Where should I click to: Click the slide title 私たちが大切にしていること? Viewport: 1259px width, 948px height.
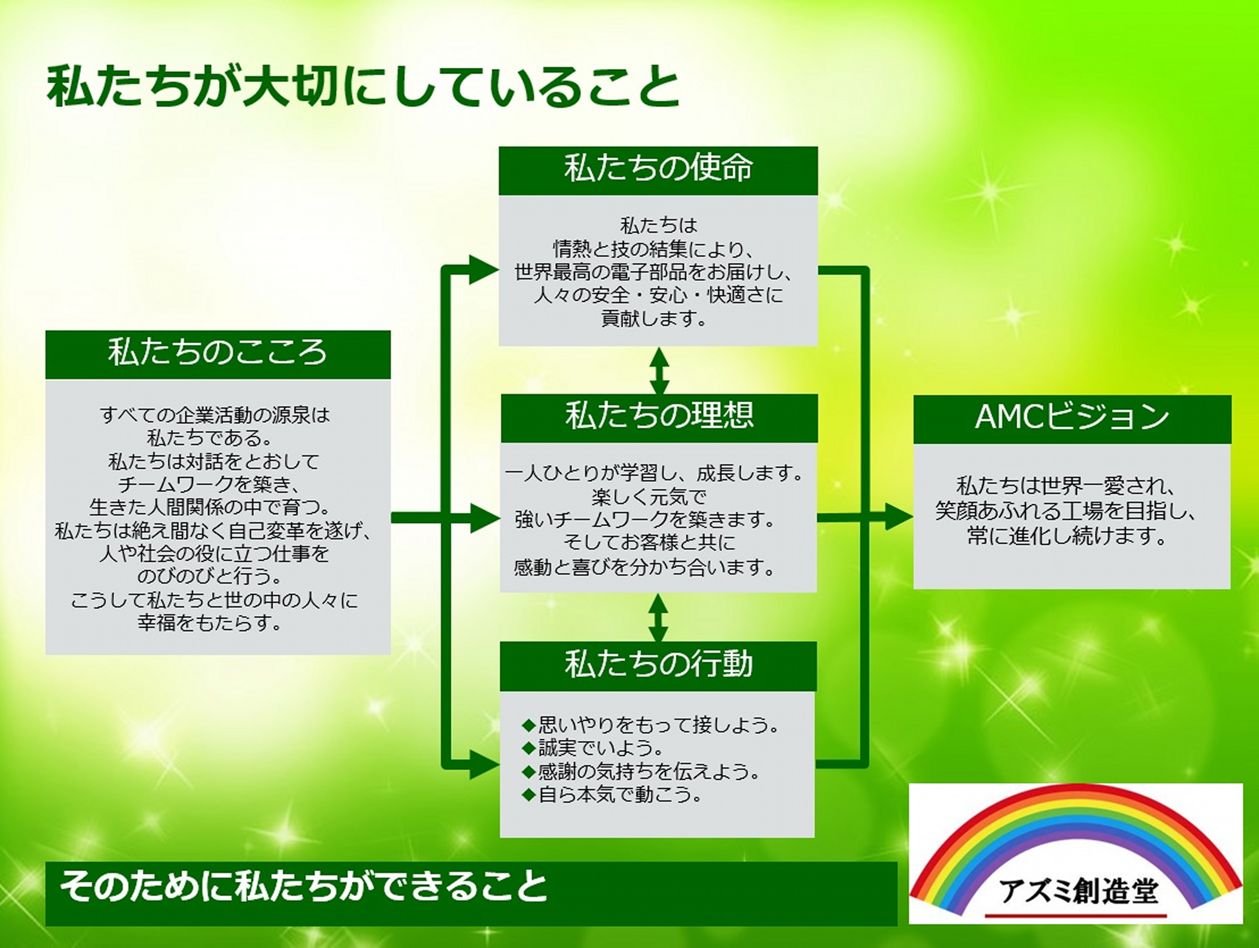(x=363, y=87)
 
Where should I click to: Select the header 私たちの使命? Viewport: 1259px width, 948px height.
(x=658, y=169)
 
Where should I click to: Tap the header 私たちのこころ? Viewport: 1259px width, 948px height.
(x=218, y=353)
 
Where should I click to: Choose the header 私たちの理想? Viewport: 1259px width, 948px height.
(x=659, y=416)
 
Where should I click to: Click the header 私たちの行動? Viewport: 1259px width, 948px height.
(x=658, y=664)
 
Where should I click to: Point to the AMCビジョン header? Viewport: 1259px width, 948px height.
(x=1072, y=418)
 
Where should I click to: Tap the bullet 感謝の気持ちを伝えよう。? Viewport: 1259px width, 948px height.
(x=641, y=771)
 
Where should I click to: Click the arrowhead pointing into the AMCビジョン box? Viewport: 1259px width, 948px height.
(x=899, y=517)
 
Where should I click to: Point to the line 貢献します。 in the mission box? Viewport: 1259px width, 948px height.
(x=653, y=318)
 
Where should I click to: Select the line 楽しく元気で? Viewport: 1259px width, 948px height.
(x=649, y=497)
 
